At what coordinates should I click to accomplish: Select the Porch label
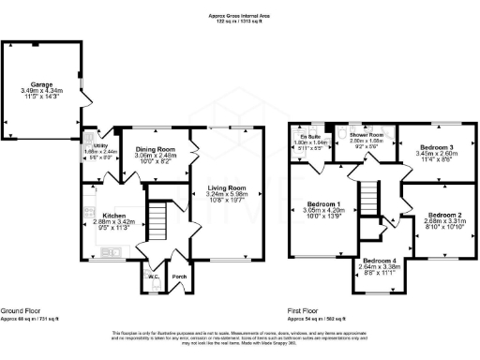(179, 277)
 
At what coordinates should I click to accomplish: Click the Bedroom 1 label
(322, 203)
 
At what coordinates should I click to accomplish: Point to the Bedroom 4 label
(380, 259)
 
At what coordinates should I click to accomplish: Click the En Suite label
(308, 137)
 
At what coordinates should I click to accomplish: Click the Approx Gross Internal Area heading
(240, 16)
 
